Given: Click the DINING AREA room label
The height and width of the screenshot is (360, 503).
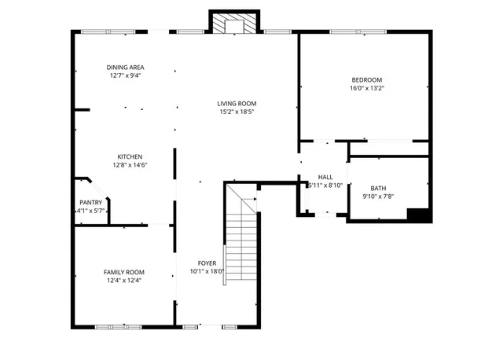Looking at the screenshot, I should point(125,68).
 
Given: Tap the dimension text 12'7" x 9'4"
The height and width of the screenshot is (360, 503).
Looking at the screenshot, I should point(125,76).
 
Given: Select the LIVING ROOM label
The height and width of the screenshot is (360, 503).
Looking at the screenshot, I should point(237,104).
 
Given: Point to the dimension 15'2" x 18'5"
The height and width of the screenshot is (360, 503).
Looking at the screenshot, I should point(237,112).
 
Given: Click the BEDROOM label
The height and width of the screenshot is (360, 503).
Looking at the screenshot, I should point(366,80).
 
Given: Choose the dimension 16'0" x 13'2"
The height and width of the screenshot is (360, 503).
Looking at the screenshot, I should point(366,88).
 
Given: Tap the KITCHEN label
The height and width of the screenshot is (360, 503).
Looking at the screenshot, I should point(130,156).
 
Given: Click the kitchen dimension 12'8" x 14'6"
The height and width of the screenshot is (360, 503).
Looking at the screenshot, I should point(130,164).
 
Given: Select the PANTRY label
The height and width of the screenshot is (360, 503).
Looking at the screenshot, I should point(90,203).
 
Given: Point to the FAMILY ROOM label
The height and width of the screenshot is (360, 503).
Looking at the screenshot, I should point(124,272).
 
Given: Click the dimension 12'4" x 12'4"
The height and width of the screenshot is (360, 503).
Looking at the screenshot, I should point(124,280).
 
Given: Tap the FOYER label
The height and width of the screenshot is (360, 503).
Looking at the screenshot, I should point(207,263).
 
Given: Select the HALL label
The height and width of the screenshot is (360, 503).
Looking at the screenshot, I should point(325,177).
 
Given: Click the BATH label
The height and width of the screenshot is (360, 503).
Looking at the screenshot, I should point(378,188).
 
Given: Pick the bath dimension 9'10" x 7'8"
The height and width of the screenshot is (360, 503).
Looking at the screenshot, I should point(378,196).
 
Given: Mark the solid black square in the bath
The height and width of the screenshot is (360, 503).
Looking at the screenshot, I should point(418,214).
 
